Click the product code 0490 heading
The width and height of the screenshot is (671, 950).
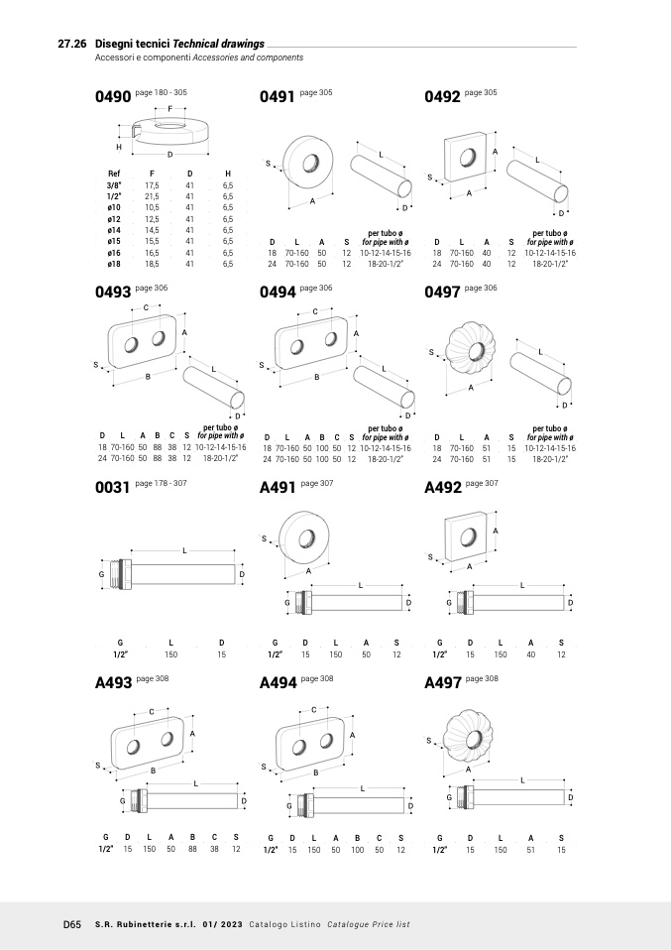(112, 97)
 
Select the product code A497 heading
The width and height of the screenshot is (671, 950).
(442, 682)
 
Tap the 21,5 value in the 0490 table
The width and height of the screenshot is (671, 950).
(152, 196)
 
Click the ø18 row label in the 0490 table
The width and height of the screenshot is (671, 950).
(114, 264)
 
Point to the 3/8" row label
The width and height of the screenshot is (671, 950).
(114, 185)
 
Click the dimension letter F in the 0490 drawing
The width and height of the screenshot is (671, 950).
(169, 108)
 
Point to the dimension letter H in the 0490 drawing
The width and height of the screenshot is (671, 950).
(118, 147)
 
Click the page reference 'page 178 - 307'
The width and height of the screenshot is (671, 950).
(161, 483)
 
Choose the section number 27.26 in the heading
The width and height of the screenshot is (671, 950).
(73, 45)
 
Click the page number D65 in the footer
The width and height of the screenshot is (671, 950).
(71, 924)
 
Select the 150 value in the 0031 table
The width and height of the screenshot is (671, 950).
(170, 654)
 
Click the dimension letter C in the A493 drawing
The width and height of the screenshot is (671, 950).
(152, 712)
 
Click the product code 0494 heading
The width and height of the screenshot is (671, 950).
(277, 293)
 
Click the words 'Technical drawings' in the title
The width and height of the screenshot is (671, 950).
(219, 45)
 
